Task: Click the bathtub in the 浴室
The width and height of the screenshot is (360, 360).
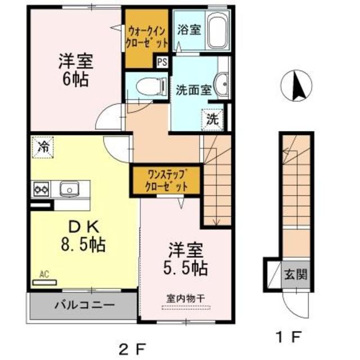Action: (218, 33)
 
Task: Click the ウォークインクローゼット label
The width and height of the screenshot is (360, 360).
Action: (147, 35)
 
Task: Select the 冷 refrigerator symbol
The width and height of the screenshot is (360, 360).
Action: (43, 148)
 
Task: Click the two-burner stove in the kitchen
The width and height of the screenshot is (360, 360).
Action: (40, 190)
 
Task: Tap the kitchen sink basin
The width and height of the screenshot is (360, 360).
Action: (70, 188)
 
